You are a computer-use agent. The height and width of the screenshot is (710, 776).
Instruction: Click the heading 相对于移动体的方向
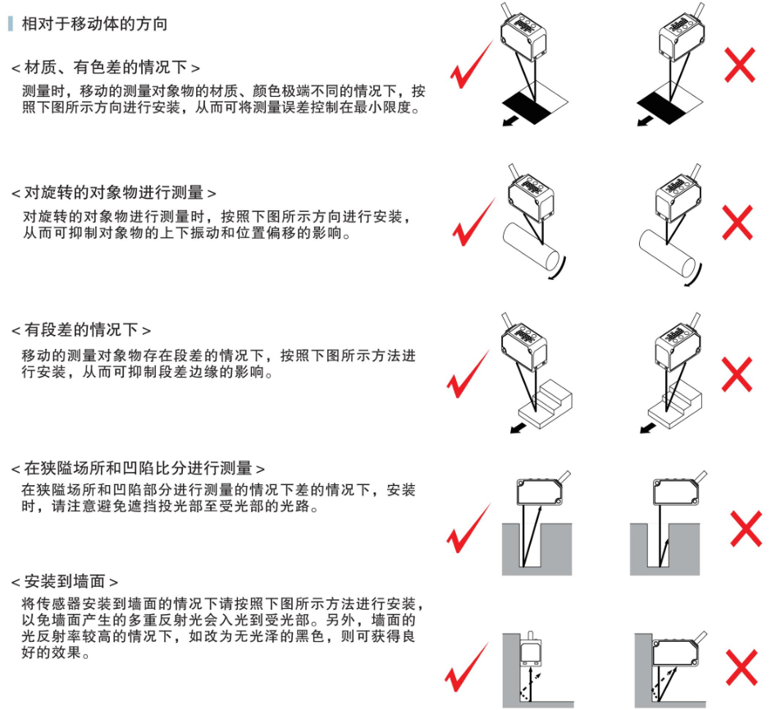pyautogui.click(x=94, y=24)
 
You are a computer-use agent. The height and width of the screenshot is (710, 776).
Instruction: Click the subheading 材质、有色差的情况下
pyautogui.click(x=106, y=66)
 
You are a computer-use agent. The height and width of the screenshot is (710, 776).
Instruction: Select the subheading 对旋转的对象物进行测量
pyautogui.click(x=114, y=192)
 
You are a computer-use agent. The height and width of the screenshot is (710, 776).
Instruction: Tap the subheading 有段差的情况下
pyautogui.click(x=81, y=330)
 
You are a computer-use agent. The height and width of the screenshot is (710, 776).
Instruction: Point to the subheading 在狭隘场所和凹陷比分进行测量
pyautogui.click(x=138, y=468)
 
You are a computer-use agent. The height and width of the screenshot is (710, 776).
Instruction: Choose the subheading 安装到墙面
pyautogui.click(x=65, y=581)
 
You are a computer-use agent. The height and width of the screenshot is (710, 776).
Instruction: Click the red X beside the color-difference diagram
pyautogui.click(x=740, y=65)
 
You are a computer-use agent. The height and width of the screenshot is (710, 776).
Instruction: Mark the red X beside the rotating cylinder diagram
pyautogui.click(x=737, y=222)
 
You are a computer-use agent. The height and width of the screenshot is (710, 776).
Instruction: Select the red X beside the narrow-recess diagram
pyautogui.click(x=746, y=529)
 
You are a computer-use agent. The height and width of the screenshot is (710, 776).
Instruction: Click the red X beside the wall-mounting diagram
pyautogui.click(x=742, y=667)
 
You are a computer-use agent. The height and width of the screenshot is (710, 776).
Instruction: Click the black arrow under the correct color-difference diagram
pyautogui.click(x=511, y=121)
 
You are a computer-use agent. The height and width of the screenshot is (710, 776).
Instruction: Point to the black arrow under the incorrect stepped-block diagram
pyautogui.click(x=648, y=428)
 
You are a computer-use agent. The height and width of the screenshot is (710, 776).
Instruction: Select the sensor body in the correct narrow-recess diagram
pyautogui.click(x=540, y=492)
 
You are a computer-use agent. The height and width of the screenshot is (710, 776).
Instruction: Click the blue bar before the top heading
pyautogui.click(x=11, y=23)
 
